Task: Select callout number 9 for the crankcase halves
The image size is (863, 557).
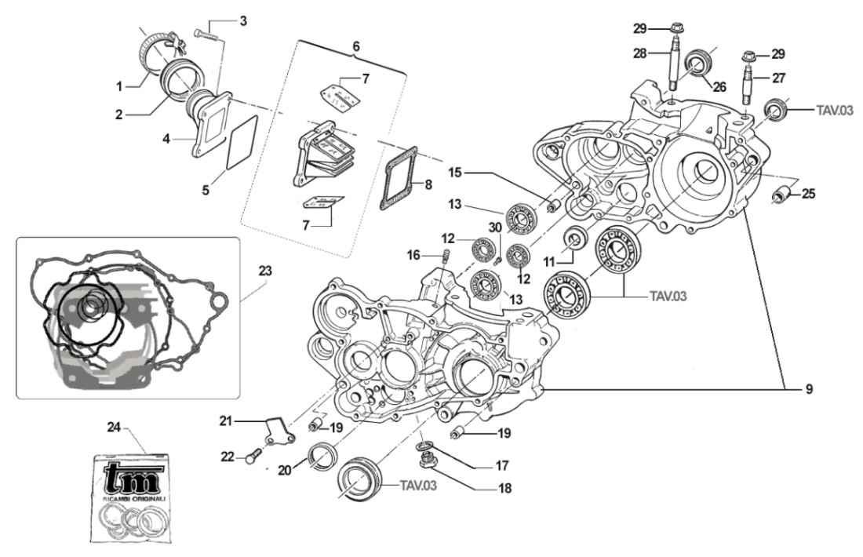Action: (x=807, y=388)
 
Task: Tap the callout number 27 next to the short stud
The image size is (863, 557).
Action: (x=777, y=78)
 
